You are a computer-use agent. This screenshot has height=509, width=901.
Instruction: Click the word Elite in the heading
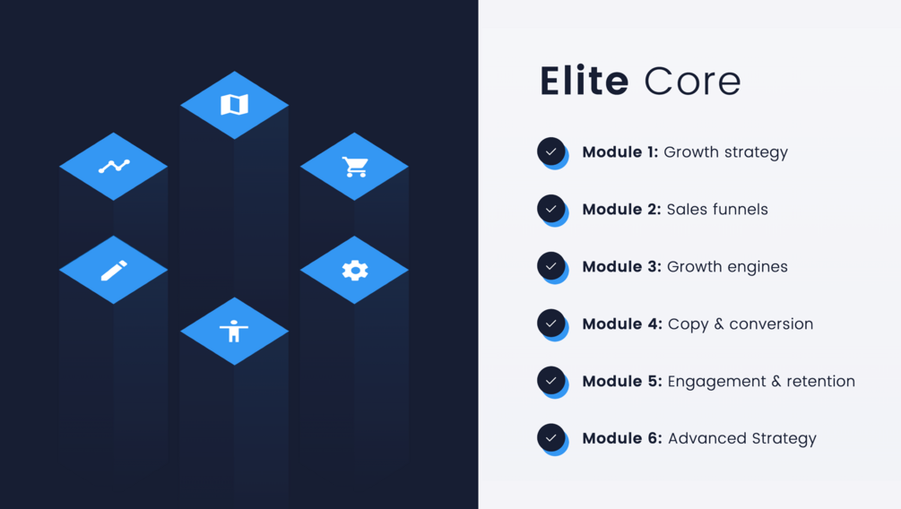(584, 82)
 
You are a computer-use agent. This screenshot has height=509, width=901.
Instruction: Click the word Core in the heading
(692, 82)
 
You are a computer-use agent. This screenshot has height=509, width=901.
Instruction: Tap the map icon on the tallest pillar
(234, 105)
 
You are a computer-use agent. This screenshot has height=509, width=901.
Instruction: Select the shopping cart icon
(355, 166)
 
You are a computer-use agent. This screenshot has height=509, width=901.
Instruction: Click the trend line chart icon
(114, 166)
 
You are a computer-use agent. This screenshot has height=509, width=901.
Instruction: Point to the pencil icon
(114, 270)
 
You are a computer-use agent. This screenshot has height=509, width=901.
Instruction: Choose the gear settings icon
(355, 270)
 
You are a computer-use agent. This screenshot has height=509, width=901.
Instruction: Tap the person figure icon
(234, 331)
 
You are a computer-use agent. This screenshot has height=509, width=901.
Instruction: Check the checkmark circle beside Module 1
(551, 151)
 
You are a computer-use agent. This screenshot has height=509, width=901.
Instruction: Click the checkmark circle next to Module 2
(551, 209)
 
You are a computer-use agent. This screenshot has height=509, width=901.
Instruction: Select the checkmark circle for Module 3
(551, 266)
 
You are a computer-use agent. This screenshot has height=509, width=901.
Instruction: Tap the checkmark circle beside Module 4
(551, 324)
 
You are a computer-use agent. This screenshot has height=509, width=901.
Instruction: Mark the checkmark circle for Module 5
(551, 381)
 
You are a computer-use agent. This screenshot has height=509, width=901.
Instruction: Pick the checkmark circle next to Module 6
(551, 438)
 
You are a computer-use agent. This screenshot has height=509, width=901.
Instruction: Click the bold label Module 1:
(620, 152)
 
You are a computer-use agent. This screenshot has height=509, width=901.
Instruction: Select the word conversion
(771, 324)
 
